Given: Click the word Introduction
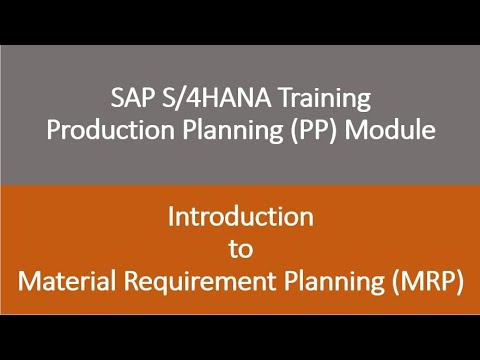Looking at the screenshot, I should (240, 215).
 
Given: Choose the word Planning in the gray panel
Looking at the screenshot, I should (244, 132).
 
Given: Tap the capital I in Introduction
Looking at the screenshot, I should (170, 215).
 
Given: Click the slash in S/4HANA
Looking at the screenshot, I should (171, 100).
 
